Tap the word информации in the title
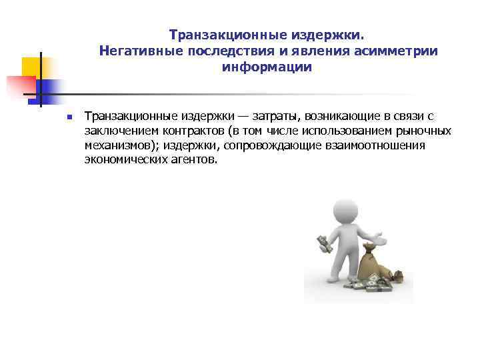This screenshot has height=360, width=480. (267, 67)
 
